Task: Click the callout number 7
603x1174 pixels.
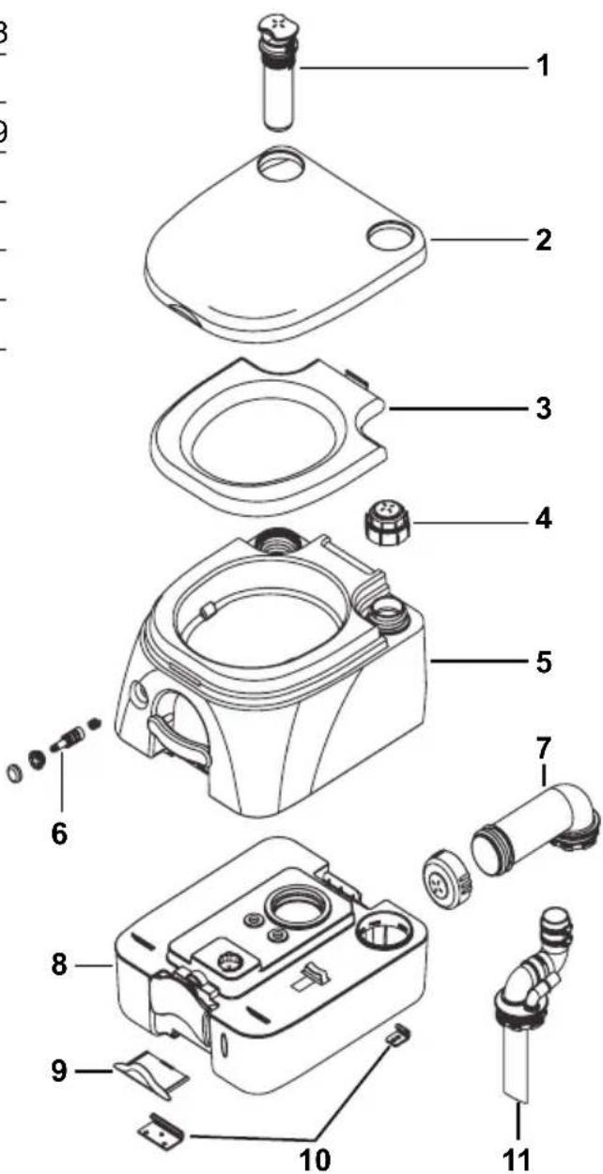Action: [544, 751]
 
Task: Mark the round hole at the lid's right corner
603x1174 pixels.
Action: [385, 233]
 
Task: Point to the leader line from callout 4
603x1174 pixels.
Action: [470, 519]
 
